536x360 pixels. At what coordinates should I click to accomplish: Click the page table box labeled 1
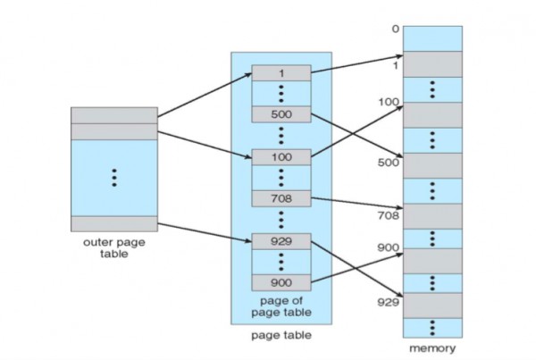[281, 72]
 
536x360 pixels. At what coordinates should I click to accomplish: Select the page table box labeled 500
[281, 114]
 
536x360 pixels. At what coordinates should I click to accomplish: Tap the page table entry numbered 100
[281, 156]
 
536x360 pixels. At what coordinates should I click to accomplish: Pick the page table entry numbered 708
[281, 198]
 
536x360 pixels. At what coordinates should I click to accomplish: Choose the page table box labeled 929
[281, 241]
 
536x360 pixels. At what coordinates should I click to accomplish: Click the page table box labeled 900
[281, 282]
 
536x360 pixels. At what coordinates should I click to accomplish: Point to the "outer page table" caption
[113, 247]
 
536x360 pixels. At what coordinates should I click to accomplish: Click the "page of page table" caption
[281, 307]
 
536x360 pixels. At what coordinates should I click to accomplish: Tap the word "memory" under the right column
[433, 347]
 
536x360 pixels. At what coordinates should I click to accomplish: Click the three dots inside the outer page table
[114, 177]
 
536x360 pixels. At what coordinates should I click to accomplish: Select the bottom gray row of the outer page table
[114, 223]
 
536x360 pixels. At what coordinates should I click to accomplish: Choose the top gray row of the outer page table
[114, 114]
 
